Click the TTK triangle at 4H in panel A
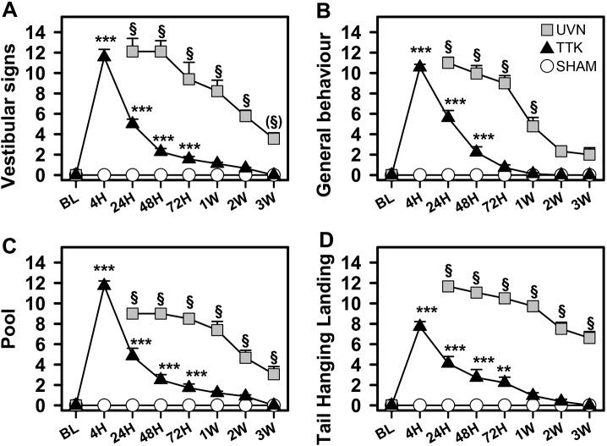tap(104, 55)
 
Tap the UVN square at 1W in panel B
tap(532, 126)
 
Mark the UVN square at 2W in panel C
tap(245, 356)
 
